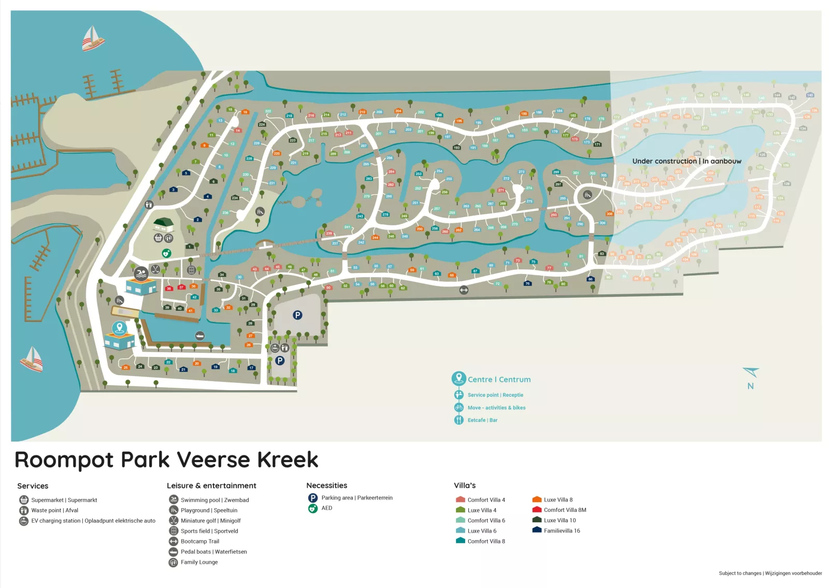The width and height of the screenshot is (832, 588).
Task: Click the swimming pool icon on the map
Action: pyautogui.click(x=141, y=273)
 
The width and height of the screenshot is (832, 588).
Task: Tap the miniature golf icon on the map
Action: pyautogui.click(x=155, y=269)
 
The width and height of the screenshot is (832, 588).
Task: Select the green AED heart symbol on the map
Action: pyautogui.click(x=166, y=253)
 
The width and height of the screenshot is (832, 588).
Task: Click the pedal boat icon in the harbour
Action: pyautogui.click(x=199, y=336)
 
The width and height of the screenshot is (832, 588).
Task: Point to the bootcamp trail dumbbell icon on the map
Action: pyautogui.click(x=464, y=290)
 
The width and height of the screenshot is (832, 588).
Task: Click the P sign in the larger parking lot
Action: pyautogui.click(x=297, y=315)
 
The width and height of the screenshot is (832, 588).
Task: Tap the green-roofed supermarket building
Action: pyautogui.click(x=163, y=224)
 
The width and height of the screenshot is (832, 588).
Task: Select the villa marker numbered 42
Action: pyautogui.click(x=194, y=297)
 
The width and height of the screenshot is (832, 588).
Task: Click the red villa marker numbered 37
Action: pyautogui.click(x=181, y=287)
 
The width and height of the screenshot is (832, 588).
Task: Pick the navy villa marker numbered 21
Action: pyautogui.click(x=183, y=369)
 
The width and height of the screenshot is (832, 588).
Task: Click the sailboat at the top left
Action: pyautogui.click(x=93, y=38)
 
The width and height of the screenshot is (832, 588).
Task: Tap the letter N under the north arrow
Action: pyautogui.click(x=750, y=386)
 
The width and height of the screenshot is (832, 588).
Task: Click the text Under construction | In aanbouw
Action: pyautogui.click(x=686, y=161)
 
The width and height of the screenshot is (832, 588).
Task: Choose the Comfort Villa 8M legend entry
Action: pyautogui.click(x=565, y=510)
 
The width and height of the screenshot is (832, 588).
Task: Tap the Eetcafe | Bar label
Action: pyautogui.click(x=482, y=420)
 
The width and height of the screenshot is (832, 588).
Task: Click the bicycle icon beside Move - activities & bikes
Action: pyautogui.click(x=458, y=408)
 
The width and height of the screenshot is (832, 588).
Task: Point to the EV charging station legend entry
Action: pyautogui.click(x=93, y=521)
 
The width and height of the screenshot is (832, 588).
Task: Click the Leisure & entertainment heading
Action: pyautogui.click(x=211, y=485)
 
